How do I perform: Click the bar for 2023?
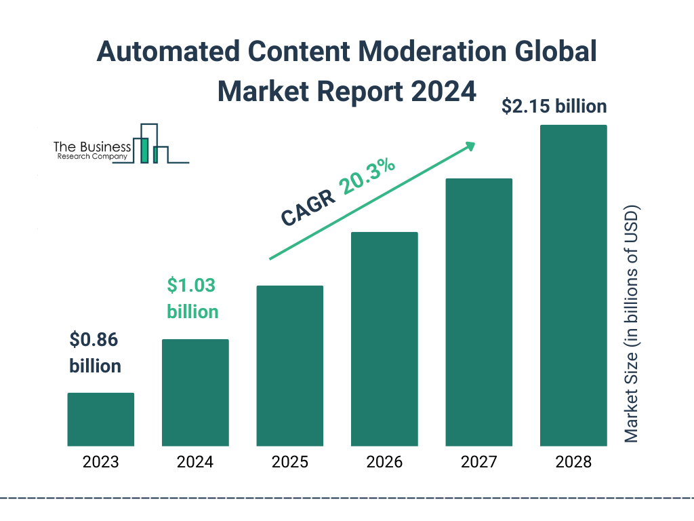coord(100,419)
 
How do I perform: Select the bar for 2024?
coord(195,392)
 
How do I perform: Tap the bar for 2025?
coord(289,366)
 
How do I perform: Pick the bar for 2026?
coord(384,339)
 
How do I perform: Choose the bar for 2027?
coord(478,312)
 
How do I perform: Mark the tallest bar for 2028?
coord(573,286)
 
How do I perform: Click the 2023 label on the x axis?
coord(100,463)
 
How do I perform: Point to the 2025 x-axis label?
coord(289,463)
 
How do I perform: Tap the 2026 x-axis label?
coord(384,463)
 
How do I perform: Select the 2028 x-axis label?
coord(573,463)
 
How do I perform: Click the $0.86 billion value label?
coord(95,353)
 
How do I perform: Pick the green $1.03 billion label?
coord(192,298)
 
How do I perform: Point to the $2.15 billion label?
coord(554,107)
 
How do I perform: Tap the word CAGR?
coord(308,207)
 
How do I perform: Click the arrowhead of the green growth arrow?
coord(470,146)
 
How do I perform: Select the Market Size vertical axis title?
coord(632,323)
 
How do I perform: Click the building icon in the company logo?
coord(150,144)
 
